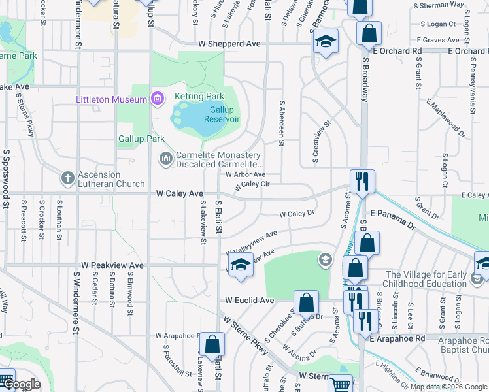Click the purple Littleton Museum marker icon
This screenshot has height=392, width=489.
click(157, 99)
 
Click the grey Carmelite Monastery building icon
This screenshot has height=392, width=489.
click(166, 158)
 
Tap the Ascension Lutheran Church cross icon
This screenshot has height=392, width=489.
click(67, 178)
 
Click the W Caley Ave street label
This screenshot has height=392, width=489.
click(179, 194)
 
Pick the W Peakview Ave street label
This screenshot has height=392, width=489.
click(112, 266)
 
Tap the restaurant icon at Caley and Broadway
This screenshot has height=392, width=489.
click(362, 180)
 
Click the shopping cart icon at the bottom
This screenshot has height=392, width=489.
click(339, 384)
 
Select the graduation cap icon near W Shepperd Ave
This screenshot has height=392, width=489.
click(326, 41)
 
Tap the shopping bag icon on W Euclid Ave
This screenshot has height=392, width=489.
click(306, 302)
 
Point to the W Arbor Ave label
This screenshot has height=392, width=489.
click(245, 174)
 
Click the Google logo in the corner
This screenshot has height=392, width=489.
click(22, 384)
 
